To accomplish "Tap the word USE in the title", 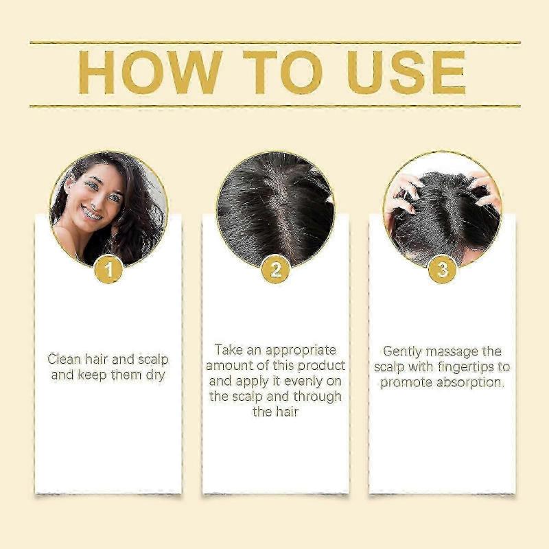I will pos(406,71).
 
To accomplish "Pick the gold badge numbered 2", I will pos(275,270).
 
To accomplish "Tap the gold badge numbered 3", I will pos(443,270).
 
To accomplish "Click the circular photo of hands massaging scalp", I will pos(443,206).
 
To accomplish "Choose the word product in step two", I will pos(320,365).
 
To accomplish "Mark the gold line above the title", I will pos(274,43).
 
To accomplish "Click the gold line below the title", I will pos(274,106).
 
